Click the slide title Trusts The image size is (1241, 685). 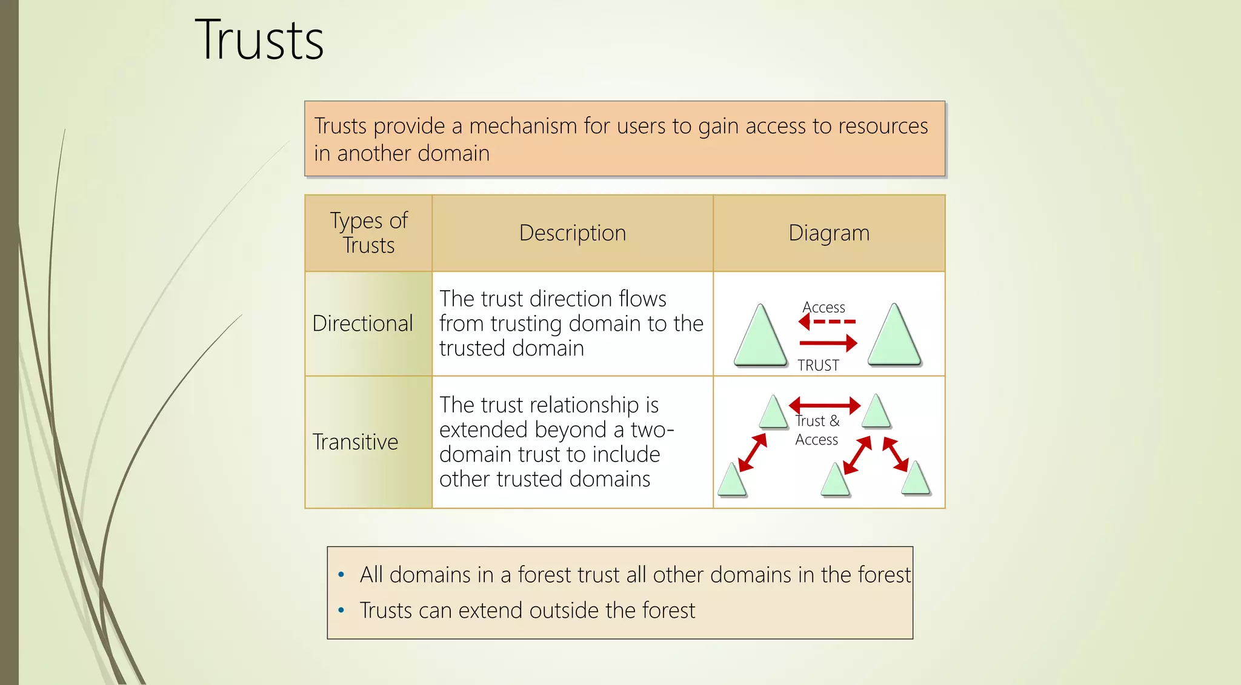coord(259,41)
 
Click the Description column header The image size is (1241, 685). coord(572,233)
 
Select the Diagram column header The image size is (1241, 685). coord(828,233)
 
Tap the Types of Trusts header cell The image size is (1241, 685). coord(368,233)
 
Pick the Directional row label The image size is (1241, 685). coord(362,323)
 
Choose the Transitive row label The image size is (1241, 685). coord(355,442)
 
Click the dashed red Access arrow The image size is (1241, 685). coord(827,322)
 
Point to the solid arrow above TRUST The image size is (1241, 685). coord(828,343)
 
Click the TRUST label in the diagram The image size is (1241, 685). coord(818,365)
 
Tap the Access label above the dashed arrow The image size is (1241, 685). coord(823,308)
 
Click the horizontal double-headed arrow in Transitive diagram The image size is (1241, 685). coord(825,405)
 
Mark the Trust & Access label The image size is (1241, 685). coord(817,430)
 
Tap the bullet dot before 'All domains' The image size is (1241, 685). coord(341,574)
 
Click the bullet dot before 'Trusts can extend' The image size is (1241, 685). coord(341,610)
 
